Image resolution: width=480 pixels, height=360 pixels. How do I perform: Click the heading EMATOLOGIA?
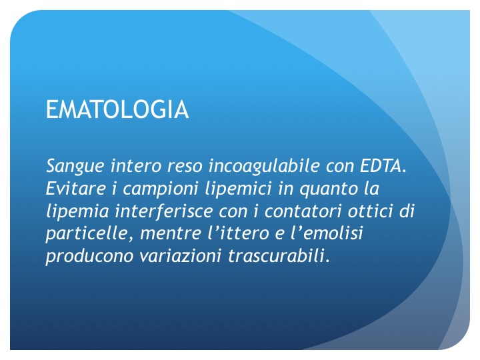[117, 109]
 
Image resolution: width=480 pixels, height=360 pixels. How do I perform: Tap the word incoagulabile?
[264, 165]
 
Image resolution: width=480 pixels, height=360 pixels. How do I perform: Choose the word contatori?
[303, 211]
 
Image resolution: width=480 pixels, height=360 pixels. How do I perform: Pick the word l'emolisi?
[326, 233]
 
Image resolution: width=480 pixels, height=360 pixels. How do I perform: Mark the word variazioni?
[180, 256]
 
